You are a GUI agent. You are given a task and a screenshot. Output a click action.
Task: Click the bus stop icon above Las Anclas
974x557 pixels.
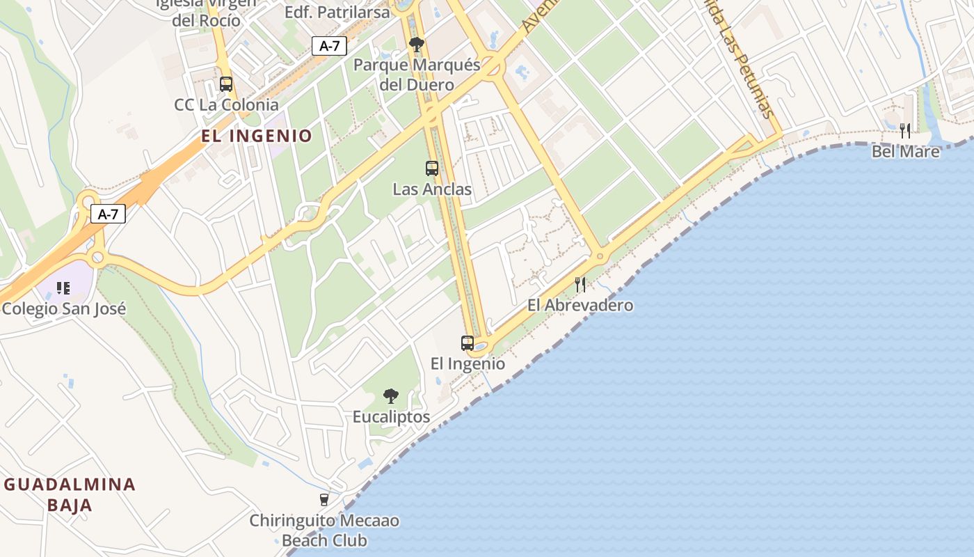click(x=432, y=168)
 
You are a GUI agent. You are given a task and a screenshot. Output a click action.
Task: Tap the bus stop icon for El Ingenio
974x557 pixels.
click(x=468, y=343)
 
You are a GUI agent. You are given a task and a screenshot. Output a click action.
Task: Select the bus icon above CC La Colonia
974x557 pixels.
click(x=226, y=84)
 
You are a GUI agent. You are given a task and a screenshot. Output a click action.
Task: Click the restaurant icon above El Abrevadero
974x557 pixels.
click(x=580, y=284)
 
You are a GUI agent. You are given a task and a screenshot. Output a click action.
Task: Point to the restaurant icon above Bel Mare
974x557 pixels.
click(x=905, y=130)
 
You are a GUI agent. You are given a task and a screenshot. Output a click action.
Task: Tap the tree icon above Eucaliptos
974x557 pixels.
click(x=391, y=396)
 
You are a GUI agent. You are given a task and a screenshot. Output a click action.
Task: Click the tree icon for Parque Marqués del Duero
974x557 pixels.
click(x=417, y=45)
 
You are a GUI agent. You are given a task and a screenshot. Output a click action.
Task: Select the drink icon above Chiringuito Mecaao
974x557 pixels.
click(x=324, y=499)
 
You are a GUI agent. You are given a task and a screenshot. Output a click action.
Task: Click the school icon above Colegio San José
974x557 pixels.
click(x=63, y=288)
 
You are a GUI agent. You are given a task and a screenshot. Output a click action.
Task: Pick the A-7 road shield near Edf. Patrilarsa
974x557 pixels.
click(x=329, y=46)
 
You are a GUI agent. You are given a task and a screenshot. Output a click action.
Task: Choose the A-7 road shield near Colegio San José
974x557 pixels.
click(x=108, y=214)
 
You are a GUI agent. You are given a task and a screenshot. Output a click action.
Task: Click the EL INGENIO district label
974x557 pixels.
click(x=257, y=136)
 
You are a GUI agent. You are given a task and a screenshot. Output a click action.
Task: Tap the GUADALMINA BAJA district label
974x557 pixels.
click(x=70, y=494)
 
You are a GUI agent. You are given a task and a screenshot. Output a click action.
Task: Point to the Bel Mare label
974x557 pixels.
click(x=906, y=151)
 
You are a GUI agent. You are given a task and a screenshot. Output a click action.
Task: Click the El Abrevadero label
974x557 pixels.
click(x=580, y=305)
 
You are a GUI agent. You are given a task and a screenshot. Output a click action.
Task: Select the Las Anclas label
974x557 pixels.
click(x=432, y=189)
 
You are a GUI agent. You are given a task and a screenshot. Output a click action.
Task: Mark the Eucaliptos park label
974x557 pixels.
click(x=391, y=417)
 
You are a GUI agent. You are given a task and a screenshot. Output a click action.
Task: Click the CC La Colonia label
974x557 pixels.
click(x=226, y=105)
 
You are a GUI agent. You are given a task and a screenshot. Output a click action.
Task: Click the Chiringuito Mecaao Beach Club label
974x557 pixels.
click(x=324, y=531)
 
